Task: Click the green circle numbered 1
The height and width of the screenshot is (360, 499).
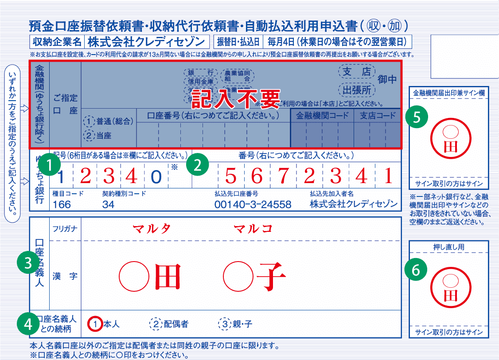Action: (x=50, y=165)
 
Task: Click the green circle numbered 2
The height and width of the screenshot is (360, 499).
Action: (x=198, y=165)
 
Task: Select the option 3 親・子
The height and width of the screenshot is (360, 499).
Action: (x=236, y=324)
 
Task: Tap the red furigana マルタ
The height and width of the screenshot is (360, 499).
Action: (x=152, y=228)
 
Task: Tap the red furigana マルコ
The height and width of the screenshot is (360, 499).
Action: (x=253, y=228)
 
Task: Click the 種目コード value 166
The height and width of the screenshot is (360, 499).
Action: (x=62, y=204)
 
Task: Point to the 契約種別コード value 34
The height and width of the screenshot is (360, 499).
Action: (x=108, y=204)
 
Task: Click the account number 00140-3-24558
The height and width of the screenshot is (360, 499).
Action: (x=253, y=204)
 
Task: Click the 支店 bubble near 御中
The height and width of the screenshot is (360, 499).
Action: (x=357, y=71)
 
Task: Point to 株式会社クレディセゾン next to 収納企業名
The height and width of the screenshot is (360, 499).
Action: (x=146, y=42)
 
